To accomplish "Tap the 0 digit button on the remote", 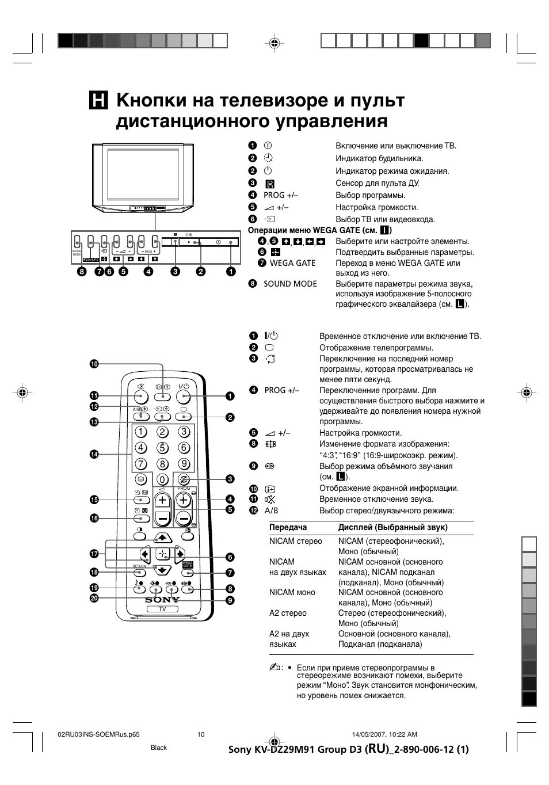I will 163,479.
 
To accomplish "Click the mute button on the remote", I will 142,396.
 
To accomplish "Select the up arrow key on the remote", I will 163,538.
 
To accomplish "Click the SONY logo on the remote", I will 162,600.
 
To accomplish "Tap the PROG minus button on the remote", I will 184,519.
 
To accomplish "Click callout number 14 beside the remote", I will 94,455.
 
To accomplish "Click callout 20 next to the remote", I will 94,599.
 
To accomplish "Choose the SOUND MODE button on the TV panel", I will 78,242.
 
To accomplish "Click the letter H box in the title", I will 98,101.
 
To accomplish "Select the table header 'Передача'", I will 288,527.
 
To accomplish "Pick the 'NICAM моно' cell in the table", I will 292,592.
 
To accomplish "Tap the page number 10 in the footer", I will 201,734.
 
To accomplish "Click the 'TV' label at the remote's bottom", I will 162,609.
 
